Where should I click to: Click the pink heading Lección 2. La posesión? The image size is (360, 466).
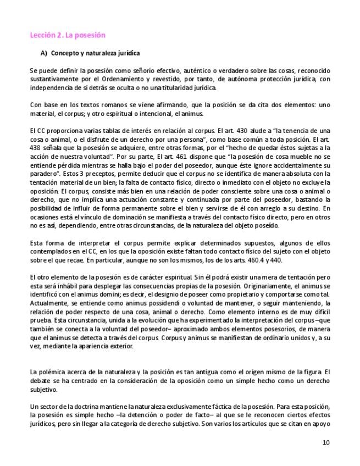pos(67,35)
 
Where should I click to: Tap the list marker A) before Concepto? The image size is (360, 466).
pos(45,53)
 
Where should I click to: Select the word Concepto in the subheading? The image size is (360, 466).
pos(65,53)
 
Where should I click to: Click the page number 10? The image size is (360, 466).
pos(326,443)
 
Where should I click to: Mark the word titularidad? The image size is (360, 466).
pos(173,87)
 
